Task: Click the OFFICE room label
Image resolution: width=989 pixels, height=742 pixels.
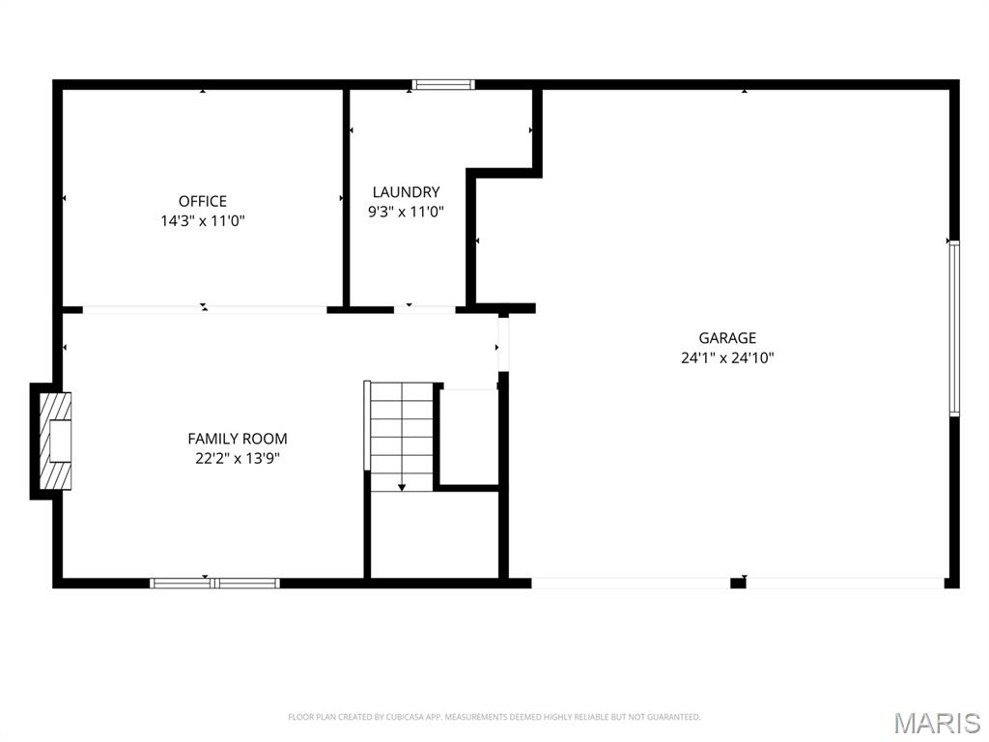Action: (203, 201)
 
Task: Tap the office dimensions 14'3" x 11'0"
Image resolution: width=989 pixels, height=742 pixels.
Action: (203, 221)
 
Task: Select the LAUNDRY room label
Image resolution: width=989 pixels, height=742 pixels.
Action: (407, 192)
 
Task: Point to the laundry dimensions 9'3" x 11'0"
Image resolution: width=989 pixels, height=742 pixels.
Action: (407, 212)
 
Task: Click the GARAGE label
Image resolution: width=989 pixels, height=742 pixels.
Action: (727, 338)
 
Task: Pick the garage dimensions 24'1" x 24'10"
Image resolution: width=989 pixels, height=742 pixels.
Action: (727, 357)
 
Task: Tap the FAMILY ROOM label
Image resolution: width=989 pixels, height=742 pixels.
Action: (238, 439)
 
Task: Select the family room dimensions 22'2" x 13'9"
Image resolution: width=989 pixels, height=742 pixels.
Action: (238, 458)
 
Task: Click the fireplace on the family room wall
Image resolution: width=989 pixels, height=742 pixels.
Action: (55, 441)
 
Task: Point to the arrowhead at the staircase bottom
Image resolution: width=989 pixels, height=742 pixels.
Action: (402, 487)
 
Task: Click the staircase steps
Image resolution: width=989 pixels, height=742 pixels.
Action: (402, 437)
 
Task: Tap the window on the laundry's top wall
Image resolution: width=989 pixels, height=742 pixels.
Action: (442, 85)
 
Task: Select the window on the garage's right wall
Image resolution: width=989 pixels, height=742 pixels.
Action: (954, 328)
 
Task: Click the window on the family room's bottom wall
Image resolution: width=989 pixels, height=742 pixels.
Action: (214, 583)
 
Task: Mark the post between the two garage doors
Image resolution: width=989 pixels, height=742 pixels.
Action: (738, 583)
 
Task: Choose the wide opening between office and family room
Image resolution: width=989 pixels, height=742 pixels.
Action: (205, 310)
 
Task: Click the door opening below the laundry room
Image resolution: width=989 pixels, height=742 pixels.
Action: (425, 310)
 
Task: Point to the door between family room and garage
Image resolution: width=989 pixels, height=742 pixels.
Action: (502, 345)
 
